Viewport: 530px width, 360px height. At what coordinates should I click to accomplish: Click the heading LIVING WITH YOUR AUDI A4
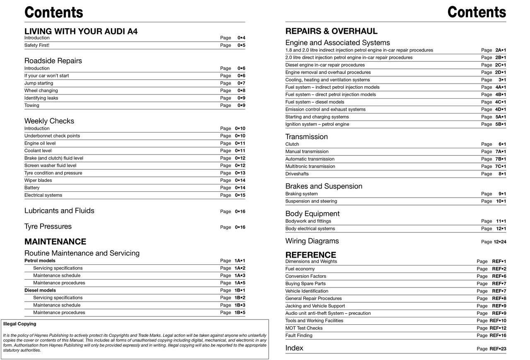pyautogui.click(x=81, y=31)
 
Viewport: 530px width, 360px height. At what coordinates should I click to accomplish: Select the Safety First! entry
pyautogui.click(x=37, y=45)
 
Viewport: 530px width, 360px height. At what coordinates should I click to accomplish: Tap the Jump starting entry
pyautogui.click(x=39, y=83)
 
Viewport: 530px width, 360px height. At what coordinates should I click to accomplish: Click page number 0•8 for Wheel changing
pyautogui.click(x=241, y=91)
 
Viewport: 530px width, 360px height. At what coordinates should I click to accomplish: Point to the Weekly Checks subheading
pyautogui.click(x=49, y=121)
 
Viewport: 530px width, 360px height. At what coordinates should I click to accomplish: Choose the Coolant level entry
pyautogui.click(x=38, y=151)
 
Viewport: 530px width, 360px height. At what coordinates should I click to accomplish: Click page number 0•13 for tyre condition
pyautogui.click(x=240, y=173)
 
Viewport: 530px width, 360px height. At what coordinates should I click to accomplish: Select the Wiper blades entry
pyautogui.click(x=38, y=181)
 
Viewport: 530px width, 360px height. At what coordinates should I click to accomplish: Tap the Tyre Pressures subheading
pyautogui.click(x=48, y=227)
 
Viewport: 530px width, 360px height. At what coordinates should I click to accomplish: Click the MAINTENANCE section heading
pyautogui.click(x=55, y=242)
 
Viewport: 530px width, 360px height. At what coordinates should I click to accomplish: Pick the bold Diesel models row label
pyautogui.click(x=40, y=290)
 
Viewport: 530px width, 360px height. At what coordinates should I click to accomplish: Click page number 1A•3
pyautogui.click(x=240, y=275)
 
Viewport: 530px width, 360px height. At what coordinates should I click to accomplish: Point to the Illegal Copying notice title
pyautogui.click(x=19, y=324)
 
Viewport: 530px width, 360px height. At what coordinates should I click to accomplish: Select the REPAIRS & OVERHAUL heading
pyautogui.click(x=331, y=31)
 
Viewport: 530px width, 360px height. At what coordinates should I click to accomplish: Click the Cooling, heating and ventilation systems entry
pyautogui.click(x=328, y=80)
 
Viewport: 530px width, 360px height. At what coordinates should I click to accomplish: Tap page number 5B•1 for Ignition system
pyautogui.click(x=501, y=124)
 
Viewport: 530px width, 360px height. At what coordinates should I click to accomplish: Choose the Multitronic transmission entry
pyautogui.click(x=310, y=167)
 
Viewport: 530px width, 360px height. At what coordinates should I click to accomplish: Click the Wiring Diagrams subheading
pyautogui.click(x=312, y=241)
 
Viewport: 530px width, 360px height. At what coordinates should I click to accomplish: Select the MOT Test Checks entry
pyautogui.click(x=304, y=328)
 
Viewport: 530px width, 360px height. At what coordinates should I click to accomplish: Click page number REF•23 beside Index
pyautogui.click(x=498, y=349)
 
